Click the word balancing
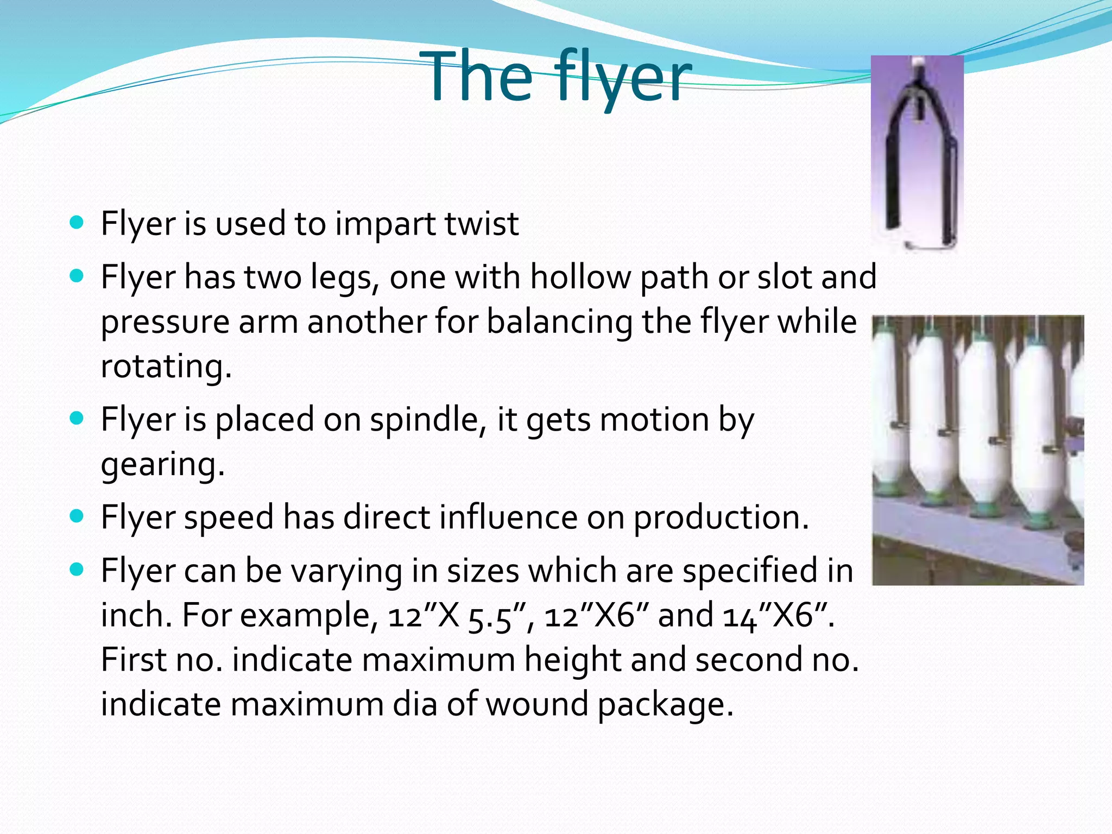click(559, 321)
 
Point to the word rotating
click(166, 366)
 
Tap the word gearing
click(163, 465)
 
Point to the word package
click(665, 705)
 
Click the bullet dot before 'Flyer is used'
click(77, 223)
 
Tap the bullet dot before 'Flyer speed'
click(77, 516)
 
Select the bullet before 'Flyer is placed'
click(77, 419)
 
